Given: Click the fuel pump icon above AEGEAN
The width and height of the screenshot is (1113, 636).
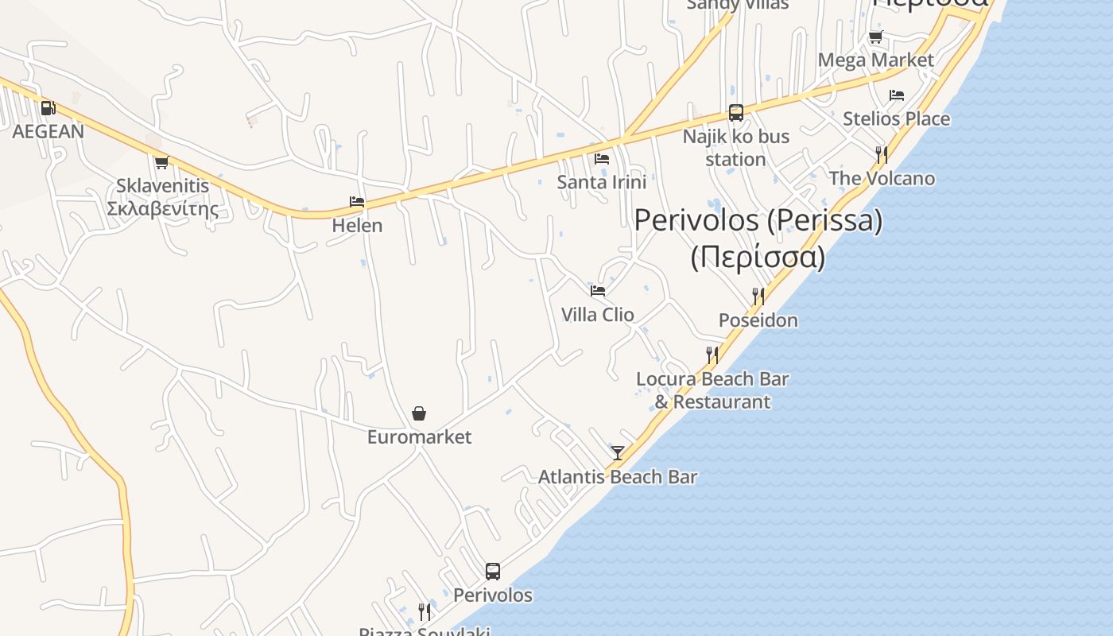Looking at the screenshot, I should pos(48,107).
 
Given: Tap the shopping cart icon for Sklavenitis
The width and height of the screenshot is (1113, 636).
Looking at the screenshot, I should pos(161,162).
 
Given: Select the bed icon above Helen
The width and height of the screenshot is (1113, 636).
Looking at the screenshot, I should pos(357,202).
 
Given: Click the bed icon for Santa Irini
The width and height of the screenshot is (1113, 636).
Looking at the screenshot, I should pos(602,158).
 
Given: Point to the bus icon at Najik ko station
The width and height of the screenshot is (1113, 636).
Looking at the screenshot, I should pos(736,113).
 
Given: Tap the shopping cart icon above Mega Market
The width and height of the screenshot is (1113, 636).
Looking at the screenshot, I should pos(875,37).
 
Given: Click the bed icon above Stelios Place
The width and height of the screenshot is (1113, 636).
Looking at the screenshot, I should pos(897,95).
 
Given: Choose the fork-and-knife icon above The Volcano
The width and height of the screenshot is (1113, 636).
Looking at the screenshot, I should pos(882,154).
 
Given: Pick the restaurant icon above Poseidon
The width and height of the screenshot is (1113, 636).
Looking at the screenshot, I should pos(758,297).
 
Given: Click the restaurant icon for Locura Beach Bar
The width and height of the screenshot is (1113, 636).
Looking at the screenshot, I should pos(712,355).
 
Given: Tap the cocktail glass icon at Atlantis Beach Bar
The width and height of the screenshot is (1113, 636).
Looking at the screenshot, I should pos(618,453).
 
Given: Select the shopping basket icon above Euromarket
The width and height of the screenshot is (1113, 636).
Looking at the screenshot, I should pos(419,413).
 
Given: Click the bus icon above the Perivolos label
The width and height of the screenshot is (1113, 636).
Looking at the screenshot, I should pos(493,571).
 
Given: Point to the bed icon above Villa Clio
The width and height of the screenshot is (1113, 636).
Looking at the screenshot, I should pos(598,291).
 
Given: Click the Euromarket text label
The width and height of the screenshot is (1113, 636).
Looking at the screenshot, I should pos(419,437).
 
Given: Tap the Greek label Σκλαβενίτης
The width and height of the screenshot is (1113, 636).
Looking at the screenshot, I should pos(162,209).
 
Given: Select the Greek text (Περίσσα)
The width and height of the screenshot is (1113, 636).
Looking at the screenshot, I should pos(758,258).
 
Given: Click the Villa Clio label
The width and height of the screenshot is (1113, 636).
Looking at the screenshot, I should pos(598,315).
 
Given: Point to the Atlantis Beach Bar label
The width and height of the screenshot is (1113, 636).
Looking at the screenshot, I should pos(618,477).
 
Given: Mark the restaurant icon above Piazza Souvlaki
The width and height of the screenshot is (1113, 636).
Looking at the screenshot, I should pos(425,611).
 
